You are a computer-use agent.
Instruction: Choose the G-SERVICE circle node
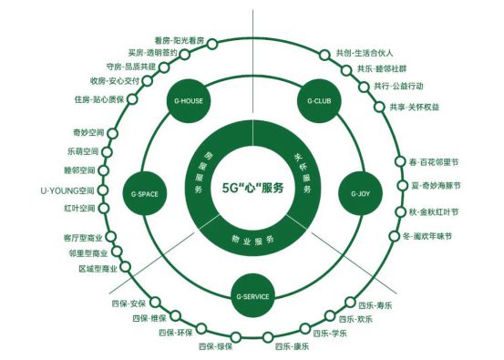[x=252, y=297]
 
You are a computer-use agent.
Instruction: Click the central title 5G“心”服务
[x=253, y=188]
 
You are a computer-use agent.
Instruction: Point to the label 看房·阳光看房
[x=180, y=41]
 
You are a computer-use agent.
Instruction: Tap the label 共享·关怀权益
[x=412, y=107]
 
